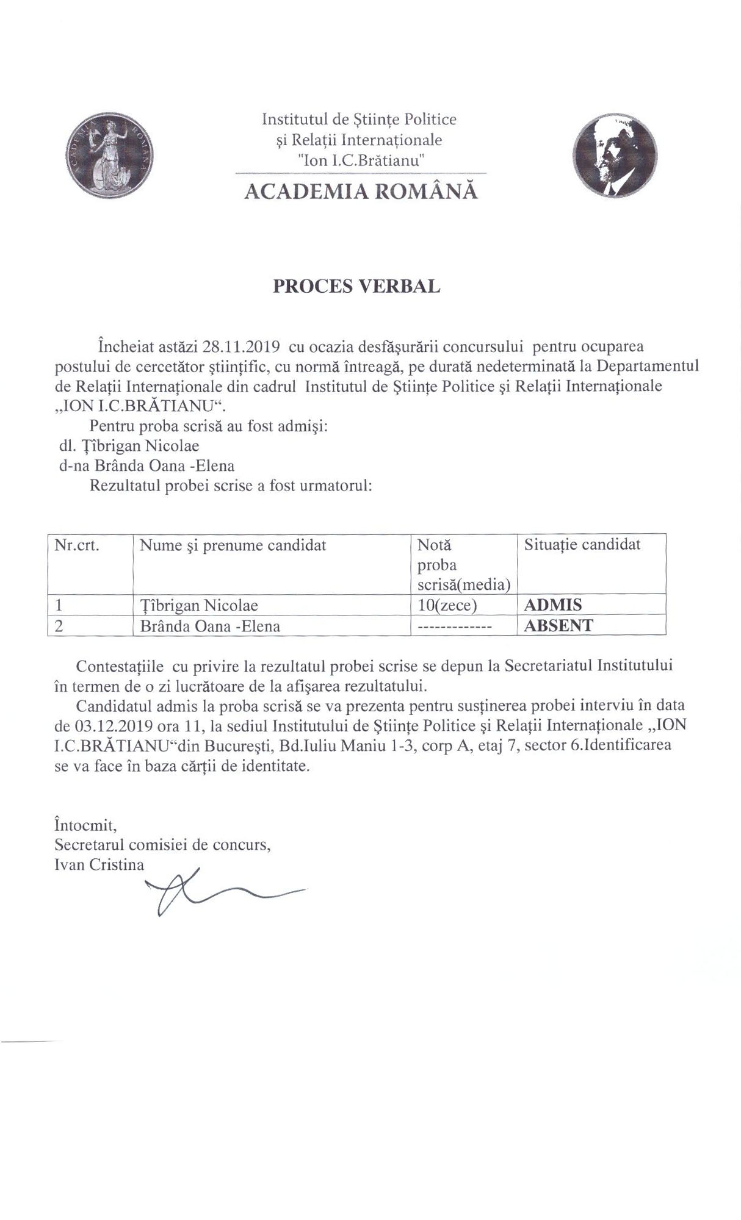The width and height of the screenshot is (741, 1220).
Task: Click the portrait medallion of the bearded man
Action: [x=615, y=155]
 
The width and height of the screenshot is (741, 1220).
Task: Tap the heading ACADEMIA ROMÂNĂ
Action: [x=361, y=192]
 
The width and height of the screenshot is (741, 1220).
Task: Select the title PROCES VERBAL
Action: [x=356, y=287]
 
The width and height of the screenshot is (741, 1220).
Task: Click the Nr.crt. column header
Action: [x=77, y=545]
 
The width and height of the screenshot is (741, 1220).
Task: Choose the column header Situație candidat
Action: [x=582, y=544]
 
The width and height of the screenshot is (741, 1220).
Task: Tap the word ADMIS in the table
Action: [x=553, y=605]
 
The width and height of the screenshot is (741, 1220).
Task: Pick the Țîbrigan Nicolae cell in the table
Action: [x=199, y=605]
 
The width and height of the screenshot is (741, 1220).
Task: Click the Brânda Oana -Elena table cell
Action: [x=210, y=626]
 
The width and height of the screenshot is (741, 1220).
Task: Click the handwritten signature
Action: [x=201, y=894]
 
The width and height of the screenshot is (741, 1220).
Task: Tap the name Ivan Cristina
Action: [x=99, y=865]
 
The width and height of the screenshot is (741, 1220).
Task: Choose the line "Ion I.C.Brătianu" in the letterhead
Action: [x=360, y=161]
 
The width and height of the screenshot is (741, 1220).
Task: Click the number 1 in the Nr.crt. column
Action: [x=59, y=605]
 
